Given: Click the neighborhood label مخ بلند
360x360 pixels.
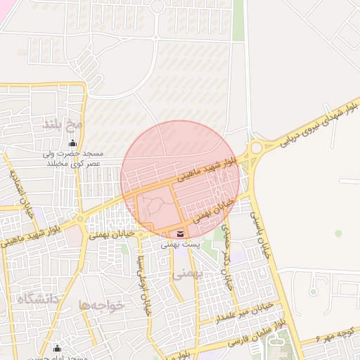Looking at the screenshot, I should point(63,125).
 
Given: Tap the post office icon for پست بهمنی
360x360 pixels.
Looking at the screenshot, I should point(180,233).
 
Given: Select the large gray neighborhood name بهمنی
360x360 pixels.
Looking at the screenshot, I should point(187,274).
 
